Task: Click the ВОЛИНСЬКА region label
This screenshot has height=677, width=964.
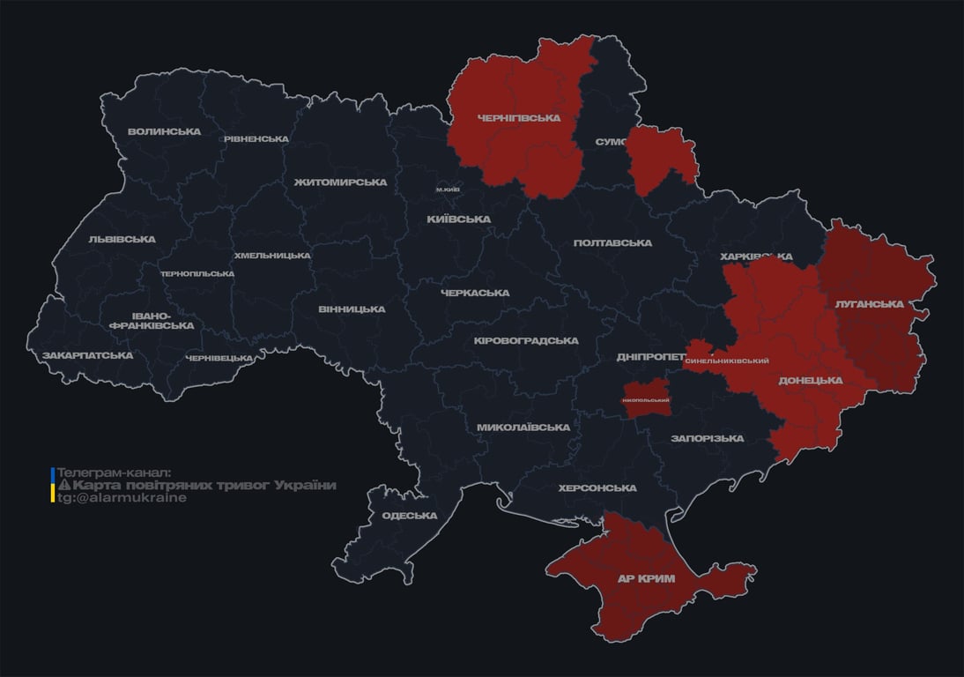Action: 164,132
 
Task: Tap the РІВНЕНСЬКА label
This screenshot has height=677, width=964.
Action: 256,139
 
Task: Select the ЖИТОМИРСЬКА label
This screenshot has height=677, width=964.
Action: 340,182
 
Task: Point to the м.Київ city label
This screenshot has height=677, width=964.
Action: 448,190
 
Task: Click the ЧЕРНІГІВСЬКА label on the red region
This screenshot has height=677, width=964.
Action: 518,118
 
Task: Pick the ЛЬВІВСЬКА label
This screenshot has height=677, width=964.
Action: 122,239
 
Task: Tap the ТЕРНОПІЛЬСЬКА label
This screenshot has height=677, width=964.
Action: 197,274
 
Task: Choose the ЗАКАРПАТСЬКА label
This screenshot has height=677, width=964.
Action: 87,355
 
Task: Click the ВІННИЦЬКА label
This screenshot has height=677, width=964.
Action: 352,309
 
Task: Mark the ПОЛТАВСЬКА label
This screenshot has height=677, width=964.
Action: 612,243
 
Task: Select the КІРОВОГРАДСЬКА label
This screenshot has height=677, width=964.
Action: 525,341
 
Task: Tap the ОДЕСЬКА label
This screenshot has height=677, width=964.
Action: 409,516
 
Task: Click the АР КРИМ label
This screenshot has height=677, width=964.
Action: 646,578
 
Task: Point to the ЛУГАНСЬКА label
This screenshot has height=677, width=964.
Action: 869,304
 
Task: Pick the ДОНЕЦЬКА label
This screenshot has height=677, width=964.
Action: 810,381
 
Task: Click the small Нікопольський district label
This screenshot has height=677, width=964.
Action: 645,401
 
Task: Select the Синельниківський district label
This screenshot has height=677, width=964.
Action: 726,361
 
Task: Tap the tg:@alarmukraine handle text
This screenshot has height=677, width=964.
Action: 122,498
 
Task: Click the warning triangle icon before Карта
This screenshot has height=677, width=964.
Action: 63,486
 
